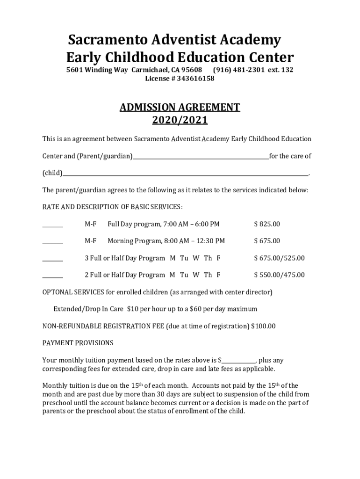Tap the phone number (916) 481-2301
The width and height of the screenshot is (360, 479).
point(238,70)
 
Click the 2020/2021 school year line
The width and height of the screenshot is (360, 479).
point(180,121)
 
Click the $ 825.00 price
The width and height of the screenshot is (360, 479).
point(267,224)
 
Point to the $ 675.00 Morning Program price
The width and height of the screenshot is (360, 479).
point(267,241)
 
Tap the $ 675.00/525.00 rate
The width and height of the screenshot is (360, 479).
point(279,258)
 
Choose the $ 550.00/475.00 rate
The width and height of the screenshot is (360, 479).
point(279,275)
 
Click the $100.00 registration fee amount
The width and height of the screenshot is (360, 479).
point(263,326)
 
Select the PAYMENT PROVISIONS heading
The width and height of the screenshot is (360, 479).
point(78,343)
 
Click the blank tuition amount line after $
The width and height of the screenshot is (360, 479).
point(238,362)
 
